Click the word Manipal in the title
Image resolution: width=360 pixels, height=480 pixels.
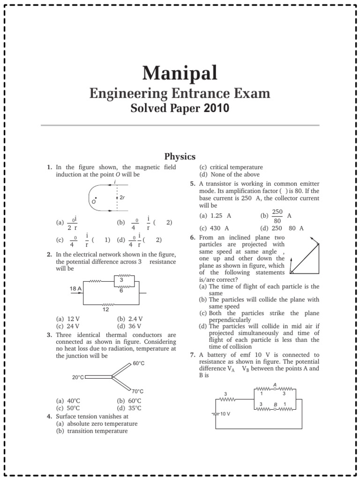pyautogui.click(x=180, y=74)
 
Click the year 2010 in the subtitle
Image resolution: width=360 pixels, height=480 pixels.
pyautogui.click(x=217, y=109)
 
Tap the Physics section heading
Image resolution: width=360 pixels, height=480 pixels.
pyautogui.click(x=180, y=156)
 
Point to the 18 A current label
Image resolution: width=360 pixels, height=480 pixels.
pyautogui.click(x=75, y=288)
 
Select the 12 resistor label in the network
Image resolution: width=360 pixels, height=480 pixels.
pyautogui.click(x=106, y=309)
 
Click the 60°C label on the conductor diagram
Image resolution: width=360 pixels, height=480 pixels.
pyautogui.click(x=138, y=363)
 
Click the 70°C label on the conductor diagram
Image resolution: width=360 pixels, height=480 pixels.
pyautogui.click(x=137, y=391)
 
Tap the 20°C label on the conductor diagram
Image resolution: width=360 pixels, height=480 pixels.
pyautogui.click(x=78, y=376)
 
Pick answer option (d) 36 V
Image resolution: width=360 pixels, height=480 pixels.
pyautogui.click(x=129, y=326)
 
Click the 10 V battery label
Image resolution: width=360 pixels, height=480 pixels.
pyautogui.click(x=225, y=414)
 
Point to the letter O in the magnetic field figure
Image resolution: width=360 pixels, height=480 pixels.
pyautogui.click(x=93, y=202)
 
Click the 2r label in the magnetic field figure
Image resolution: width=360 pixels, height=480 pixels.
pyautogui.click(x=122, y=198)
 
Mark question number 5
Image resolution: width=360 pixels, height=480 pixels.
pyautogui.click(x=193, y=184)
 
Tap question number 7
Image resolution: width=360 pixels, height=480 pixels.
pyautogui.click(x=193, y=355)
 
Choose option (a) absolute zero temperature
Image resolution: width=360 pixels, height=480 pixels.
pyautogui.click(x=96, y=423)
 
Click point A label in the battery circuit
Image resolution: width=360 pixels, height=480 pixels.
pyautogui.click(x=275, y=385)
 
